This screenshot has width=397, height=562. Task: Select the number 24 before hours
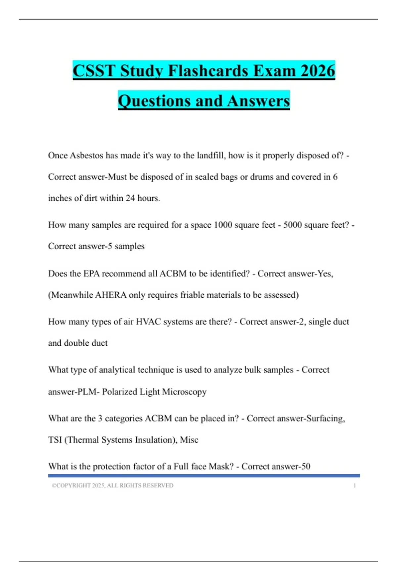[x=130, y=198]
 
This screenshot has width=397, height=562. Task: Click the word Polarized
[x=119, y=392]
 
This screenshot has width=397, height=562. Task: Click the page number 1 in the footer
[x=355, y=486]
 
